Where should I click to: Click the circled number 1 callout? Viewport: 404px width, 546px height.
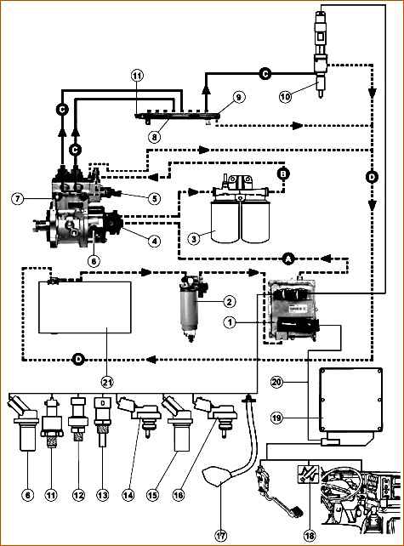coord(230,323)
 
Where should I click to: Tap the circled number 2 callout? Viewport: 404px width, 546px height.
coord(229,302)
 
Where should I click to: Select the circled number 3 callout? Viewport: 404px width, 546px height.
coord(194,238)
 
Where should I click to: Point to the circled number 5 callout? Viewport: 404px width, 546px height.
coord(154,198)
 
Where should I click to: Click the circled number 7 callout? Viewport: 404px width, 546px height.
coord(17,199)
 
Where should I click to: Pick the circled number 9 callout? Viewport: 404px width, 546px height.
coord(238,97)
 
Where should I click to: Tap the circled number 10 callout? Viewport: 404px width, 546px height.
coord(285,96)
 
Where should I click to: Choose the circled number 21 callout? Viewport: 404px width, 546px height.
coord(108,383)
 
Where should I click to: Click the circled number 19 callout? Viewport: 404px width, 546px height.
coord(277,418)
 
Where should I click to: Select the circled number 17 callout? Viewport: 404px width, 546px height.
coord(221,535)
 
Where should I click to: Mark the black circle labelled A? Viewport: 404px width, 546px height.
coord(288,259)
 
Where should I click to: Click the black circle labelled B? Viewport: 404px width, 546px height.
coord(283,173)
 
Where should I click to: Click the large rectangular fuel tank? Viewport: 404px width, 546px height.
coord(85,307)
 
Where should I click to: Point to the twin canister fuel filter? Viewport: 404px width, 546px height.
coord(241,208)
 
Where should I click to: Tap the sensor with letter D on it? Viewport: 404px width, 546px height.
coord(103,421)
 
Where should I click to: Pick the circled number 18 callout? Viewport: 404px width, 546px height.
coord(310,535)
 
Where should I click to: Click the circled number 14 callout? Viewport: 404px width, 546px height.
coord(128,495)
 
